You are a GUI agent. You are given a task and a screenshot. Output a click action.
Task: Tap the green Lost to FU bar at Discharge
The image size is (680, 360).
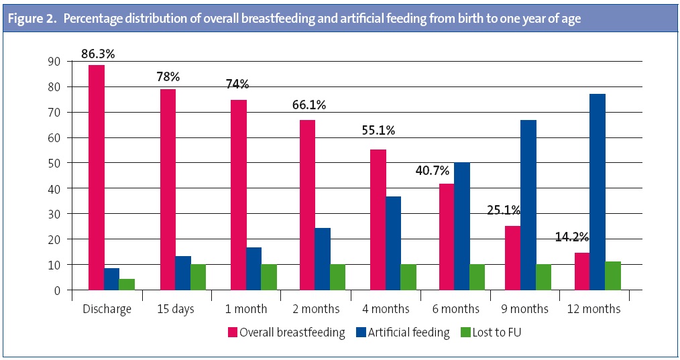coord(127,285)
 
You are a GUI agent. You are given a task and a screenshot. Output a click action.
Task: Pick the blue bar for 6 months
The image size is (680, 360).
coord(461,227)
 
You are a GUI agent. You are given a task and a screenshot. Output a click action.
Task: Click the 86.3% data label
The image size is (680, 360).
coord(98,54)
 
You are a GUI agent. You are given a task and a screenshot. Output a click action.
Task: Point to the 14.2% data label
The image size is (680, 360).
coord(571,237)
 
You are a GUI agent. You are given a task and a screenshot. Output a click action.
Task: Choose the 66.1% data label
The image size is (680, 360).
coord(309,105)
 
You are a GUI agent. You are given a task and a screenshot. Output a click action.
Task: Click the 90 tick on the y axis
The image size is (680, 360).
coord(54,62)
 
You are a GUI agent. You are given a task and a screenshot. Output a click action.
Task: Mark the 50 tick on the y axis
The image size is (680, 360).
coord(54,163)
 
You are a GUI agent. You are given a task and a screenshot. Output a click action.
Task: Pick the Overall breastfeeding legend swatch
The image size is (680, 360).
coord(233,333)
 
